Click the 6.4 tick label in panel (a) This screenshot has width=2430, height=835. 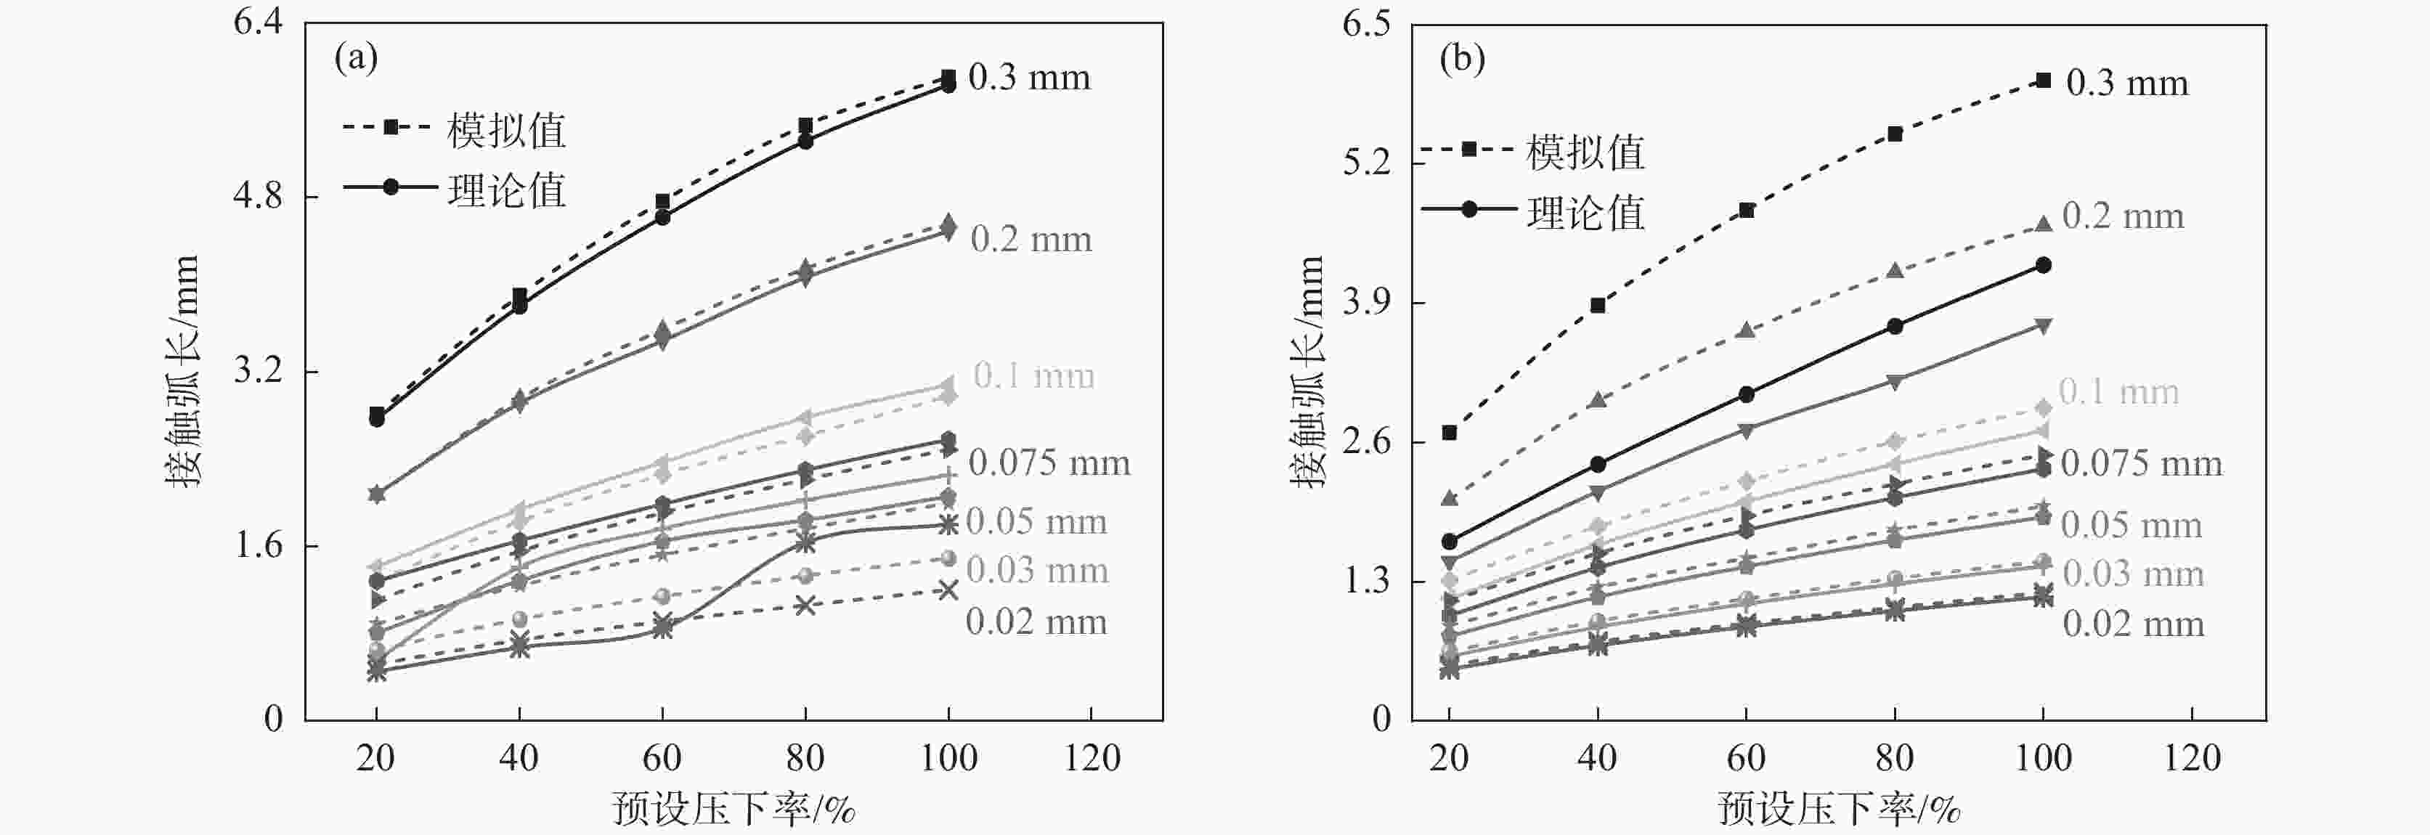(x=258, y=22)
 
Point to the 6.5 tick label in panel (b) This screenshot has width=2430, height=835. (x=1367, y=25)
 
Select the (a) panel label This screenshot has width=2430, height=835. (x=356, y=59)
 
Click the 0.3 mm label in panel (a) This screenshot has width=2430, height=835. (x=1029, y=78)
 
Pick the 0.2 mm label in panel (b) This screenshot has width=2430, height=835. (x=2123, y=216)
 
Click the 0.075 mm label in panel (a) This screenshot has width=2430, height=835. (x=1049, y=463)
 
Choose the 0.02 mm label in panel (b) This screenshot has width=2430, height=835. (x=2133, y=624)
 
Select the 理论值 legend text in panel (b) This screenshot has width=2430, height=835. (x=1585, y=213)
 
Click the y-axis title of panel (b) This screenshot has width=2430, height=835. (x=1309, y=372)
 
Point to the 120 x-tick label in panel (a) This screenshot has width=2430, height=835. (x=1092, y=757)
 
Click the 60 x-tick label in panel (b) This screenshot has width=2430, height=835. (x=1746, y=757)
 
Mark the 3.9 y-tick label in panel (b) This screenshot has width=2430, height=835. (x=1367, y=303)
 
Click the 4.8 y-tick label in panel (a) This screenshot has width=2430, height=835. (x=258, y=196)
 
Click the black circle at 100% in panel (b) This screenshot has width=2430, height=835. (x=2043, y=265)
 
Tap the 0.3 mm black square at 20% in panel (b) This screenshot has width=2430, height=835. (x=1450, y=432)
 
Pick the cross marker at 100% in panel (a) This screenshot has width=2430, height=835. (x=948, y=590)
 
